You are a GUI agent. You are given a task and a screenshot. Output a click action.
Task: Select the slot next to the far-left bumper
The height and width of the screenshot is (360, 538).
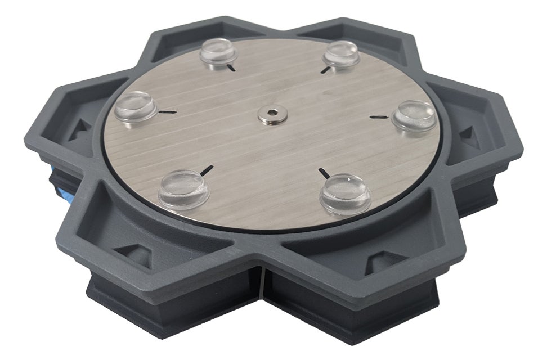pos(167,112)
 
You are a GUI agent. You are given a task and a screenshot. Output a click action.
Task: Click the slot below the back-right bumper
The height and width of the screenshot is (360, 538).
pos(325,69)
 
